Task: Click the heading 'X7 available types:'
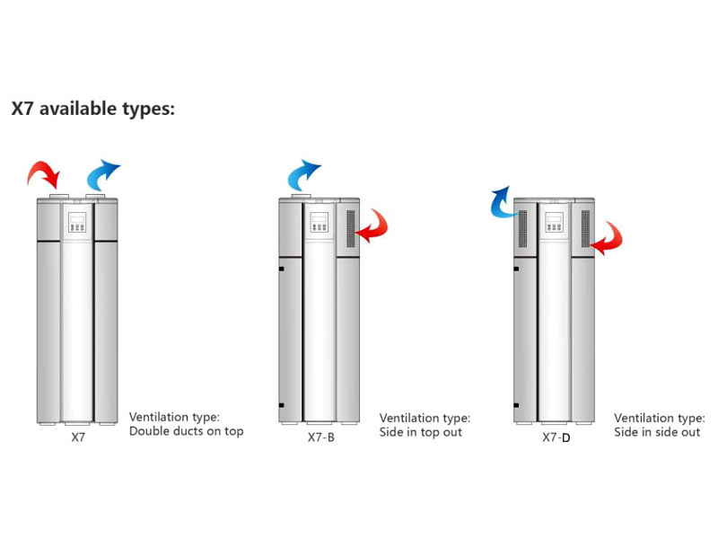pos(93,110)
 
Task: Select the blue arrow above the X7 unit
pos(101,174)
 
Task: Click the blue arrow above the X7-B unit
pos(302,174)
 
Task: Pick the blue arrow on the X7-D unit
pos(503,203)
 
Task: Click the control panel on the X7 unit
pos(77,222)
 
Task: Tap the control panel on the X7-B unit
pos(320,222)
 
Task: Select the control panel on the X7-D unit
pos(554,222)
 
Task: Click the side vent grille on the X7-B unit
pos(351,229)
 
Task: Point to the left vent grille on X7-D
pos(522,229)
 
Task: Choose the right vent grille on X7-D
pos(585,229)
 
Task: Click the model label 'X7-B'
pos(321,437)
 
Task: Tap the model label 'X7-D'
pos(556,437)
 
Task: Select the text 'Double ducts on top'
pos(187,431)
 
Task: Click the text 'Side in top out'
pos(421,432)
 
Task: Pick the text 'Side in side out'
pos(657,432)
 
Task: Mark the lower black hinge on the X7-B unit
pos(281,405)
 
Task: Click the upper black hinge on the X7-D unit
pos(516,269)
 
